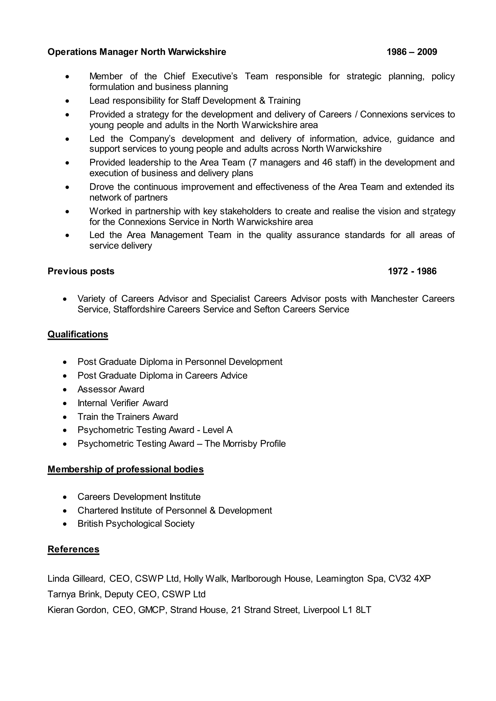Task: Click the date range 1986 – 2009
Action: click(412, 52)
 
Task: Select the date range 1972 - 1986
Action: click(412, 271)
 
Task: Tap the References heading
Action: click(73, 549)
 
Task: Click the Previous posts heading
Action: click(81, 271)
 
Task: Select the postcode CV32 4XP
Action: click(410, 579)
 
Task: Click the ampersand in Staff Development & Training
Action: click(262, 100)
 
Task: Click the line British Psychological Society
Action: click(136, 524)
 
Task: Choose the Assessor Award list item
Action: click(111, 389)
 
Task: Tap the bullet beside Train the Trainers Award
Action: click(65, 417)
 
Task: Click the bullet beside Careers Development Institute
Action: click(65, 497)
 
